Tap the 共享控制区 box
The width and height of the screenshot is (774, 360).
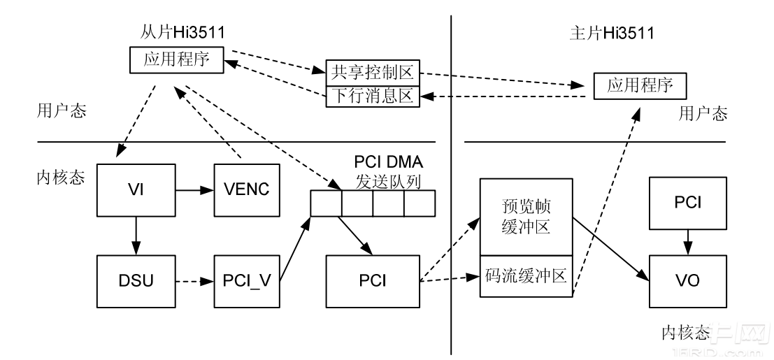coord(373,71)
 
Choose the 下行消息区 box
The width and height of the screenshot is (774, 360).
coord(373,96)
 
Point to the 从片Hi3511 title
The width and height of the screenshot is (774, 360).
coord(177,32)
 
